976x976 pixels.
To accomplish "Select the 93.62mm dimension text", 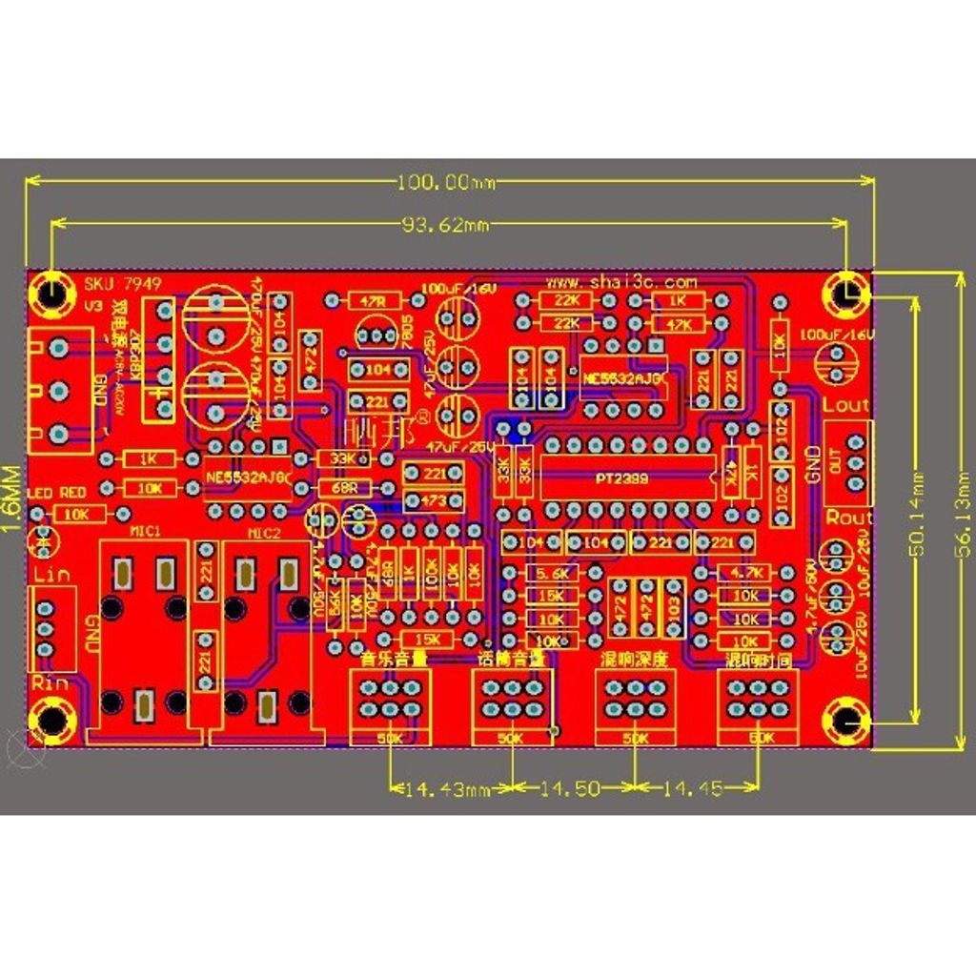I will [x=446, y=225].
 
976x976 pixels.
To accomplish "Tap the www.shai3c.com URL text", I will [x=621, y=283].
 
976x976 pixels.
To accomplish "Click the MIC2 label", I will [x=265, y=533].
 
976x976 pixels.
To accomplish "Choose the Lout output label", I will [x=845, y=405].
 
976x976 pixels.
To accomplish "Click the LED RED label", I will [x=57, y=492].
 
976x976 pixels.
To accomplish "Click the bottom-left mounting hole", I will [x=50, y=721].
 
